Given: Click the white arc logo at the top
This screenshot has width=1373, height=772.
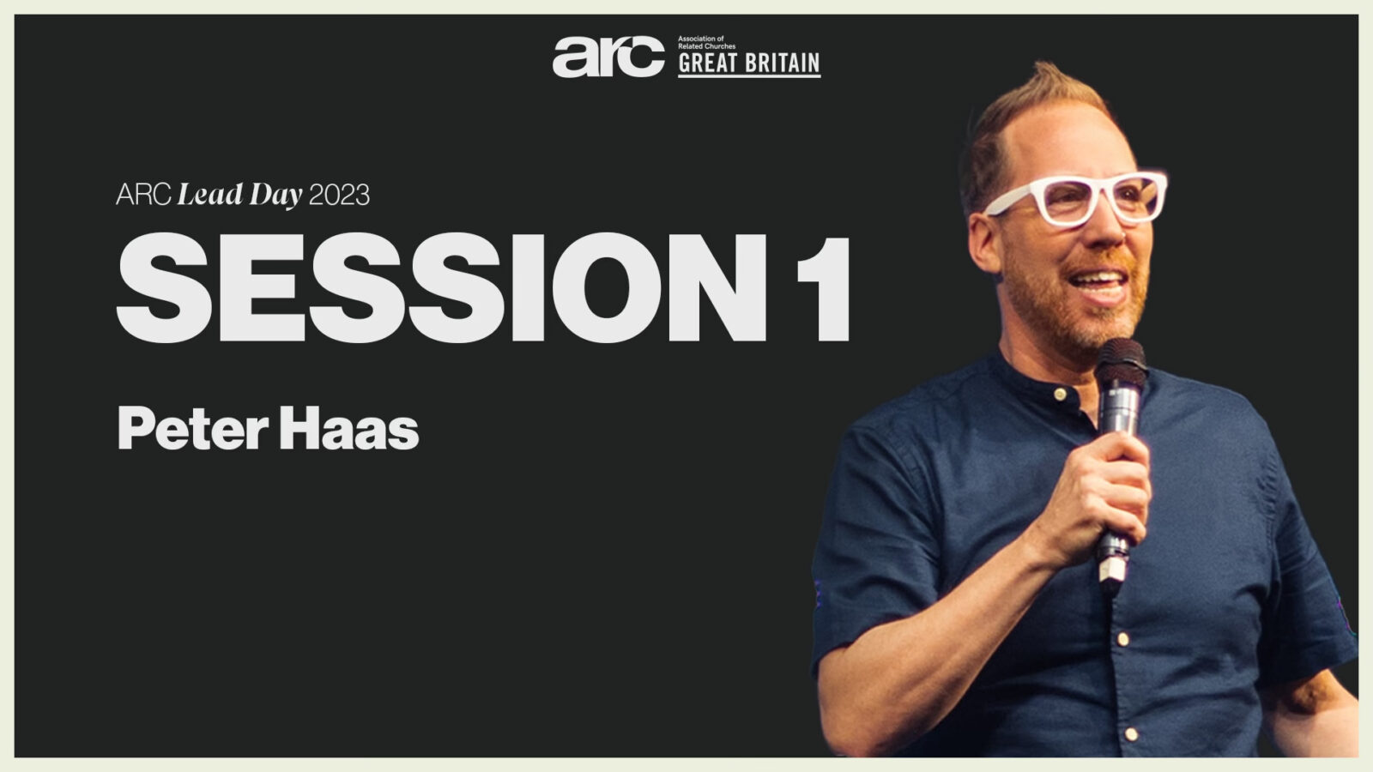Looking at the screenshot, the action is [608, 57].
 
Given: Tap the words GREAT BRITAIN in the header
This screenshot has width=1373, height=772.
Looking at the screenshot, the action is [749, 63].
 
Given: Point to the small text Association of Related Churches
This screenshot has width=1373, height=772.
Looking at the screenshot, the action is [706, 42].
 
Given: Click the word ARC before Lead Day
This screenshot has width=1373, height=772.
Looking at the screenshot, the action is [142, 195].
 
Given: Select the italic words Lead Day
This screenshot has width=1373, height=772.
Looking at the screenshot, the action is [239, 196].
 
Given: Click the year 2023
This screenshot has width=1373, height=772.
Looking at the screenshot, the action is [340, 196].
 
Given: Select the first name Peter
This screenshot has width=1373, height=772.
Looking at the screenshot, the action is [192, 428].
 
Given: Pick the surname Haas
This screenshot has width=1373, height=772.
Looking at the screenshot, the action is [348, 428].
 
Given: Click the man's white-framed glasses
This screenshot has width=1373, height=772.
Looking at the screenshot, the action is [1076, 198].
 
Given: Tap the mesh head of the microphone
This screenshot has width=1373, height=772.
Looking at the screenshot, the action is [1121, 363].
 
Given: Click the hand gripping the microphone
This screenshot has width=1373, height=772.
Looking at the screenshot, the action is [1098, 497].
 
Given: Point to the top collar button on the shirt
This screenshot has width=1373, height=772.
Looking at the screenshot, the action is [1060, 394].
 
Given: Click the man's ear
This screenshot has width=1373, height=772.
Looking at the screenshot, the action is [985, 242].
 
